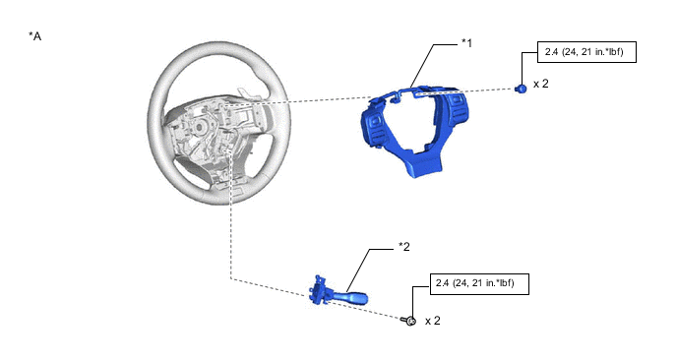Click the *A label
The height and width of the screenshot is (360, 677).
click(35, 36)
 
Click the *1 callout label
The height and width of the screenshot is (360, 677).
click(466, 43)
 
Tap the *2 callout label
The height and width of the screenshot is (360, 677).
click(404, 247)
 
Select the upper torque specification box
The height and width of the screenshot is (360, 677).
click(586, 52)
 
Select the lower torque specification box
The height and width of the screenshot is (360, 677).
click(479, 284)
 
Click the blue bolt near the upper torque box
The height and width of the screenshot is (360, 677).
click(522, 89)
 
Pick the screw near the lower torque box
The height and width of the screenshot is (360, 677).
click(408, 321)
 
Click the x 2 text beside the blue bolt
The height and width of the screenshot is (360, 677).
click(541, 84)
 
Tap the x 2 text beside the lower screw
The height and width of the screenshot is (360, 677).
click(433, 321)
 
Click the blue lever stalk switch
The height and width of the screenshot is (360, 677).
click(338, 293)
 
